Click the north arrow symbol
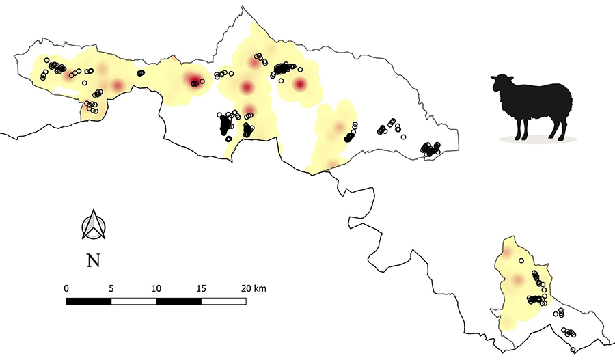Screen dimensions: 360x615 coord(94,226)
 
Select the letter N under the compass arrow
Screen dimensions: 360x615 coord(94,260)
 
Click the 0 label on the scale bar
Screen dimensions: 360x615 coord(66,288)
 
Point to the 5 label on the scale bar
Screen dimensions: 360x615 coord(111,288)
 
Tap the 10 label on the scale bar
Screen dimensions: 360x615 coord(156,288)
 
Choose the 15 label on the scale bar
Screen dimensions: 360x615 coord(201,288)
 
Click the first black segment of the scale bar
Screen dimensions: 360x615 coord(89,301)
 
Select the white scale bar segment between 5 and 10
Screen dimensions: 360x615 coord(134,301)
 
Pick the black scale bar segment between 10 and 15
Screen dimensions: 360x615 coord(179,301)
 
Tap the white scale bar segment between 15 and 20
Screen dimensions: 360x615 coord(223,301)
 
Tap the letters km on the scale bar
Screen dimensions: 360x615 coord(260,288)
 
